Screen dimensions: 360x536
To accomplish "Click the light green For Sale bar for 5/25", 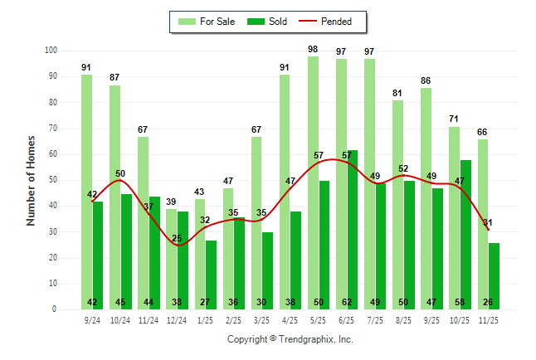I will coord(313,182).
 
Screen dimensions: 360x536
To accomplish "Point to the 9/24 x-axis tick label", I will coord(92,319).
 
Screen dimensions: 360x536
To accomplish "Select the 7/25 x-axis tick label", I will coord(375,319).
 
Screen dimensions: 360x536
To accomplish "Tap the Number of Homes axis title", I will coord(31,180).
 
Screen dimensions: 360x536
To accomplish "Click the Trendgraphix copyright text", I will coord(290,339).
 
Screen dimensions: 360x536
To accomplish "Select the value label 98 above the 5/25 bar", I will coord(313,49).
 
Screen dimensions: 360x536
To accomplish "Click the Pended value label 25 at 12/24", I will coord(177,239).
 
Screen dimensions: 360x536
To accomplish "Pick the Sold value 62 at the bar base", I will coord(353,303).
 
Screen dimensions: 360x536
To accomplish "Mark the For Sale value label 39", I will coord(171,202).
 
